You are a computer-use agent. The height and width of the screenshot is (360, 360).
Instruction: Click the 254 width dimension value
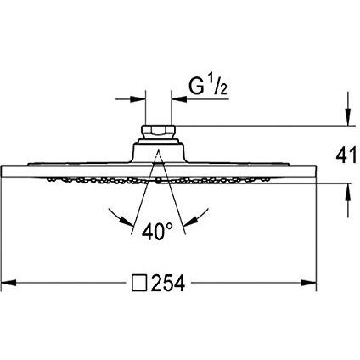pyautogui.click(x=168, y=283)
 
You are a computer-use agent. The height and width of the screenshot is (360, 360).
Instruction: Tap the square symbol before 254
pyautogui.click(x=139, y=283)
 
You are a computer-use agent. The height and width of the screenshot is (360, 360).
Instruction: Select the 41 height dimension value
pyautogui.click(x=346, y=155)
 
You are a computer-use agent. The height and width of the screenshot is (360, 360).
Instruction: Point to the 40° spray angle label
pyautogui.click(x=157, y=232)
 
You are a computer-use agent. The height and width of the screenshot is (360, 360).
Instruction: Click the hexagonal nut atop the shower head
pyautogui.click(x=158, y=131)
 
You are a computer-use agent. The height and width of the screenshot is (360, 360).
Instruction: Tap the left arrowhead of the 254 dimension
pyautogui.click(x=8, y=283)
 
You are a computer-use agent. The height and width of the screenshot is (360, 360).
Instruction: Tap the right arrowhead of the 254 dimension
pyautogui.click(x=308, y=283)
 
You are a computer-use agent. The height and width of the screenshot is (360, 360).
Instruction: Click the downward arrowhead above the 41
pyautogui.click(x=348, y=117)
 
